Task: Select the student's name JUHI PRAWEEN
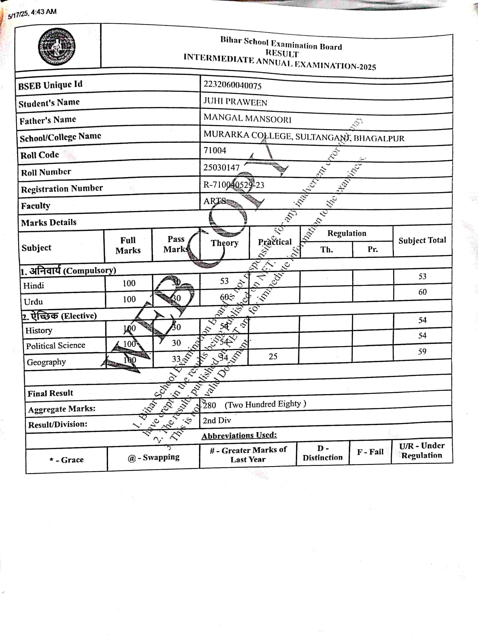[x=235, y=102]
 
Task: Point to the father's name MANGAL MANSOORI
[x=247, y=118]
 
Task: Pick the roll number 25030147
[x=221, y=168]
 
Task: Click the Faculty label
[x=36, y=206]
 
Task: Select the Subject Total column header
[x=422, y=240]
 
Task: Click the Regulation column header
[x=347, y=233]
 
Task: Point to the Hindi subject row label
[x=34, y=286]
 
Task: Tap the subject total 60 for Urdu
[x=422, y=292]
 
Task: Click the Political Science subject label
[x=56, y=345]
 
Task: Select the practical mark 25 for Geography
[x=273, y=356]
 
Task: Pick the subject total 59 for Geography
[x=422, y=351]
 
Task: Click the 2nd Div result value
[x=217, y=420]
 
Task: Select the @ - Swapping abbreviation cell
[x=153, y=458]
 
